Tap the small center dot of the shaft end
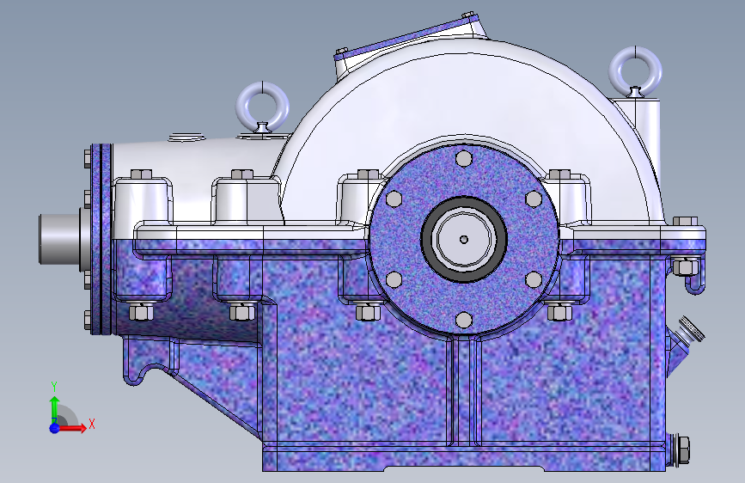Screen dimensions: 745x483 [x=464, y=240]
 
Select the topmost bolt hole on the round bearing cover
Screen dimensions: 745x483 [x=464, y=159]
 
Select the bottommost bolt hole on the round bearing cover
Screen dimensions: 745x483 [x=464, y=320]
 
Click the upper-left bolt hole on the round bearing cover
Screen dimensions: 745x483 [x=394, y=199]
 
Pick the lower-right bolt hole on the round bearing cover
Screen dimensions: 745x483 [x=534, y=280]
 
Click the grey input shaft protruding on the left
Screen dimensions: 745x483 [x=59, y=239]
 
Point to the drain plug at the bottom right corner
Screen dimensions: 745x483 [x=680, y=449]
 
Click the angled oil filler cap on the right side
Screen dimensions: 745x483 [x=693, y=328]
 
